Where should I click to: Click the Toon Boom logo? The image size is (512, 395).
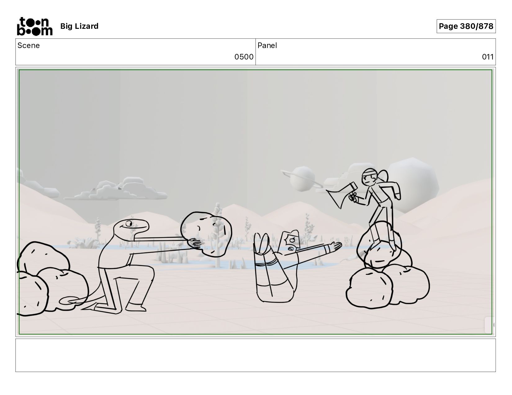coord(35,26)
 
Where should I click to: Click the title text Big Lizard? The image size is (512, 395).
coord(79,26)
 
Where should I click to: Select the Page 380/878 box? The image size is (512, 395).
coord(466,26)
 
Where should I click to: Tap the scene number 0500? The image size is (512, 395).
coord(244,57)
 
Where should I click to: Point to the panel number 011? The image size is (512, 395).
coord(488,57)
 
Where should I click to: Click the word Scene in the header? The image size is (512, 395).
coord(29,46)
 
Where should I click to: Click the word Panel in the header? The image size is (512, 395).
coord(267,46)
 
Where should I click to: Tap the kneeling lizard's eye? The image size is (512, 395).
coord(129,223)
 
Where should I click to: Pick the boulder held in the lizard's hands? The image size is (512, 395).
coord(206,234)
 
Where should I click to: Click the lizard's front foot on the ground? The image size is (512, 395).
coord(136,307)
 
